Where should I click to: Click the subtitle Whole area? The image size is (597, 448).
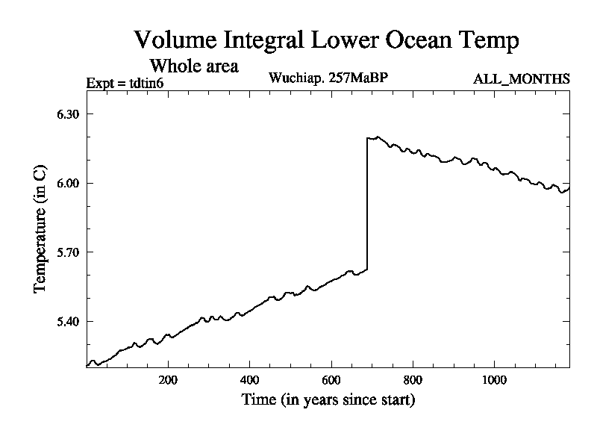[x=194, y=66]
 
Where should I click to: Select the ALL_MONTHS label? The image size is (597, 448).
[x=522, y=79]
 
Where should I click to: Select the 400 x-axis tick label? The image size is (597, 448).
[x=250, y=379]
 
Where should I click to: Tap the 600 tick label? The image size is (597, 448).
[x=331, y=379]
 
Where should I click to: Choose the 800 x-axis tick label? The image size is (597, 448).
[x=413, y=379]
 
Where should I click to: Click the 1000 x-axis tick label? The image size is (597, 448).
[x=494, y=379]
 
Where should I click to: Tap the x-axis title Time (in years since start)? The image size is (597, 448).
[x=328, y=400]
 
